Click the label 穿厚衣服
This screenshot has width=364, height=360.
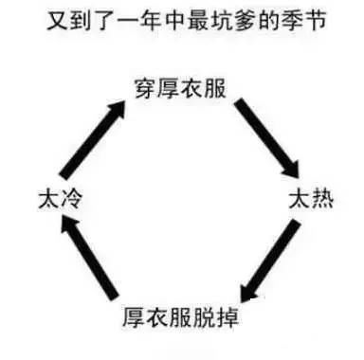click(x=180, y=89)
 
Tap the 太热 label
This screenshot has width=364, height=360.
click(x=311, y=199)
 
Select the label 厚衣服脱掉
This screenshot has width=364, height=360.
click(x=181, y=316)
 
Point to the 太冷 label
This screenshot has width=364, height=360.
click(x=60, y=199)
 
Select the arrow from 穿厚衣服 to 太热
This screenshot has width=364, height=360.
click(x=266, y=138)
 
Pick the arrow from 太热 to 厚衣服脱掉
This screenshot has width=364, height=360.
click(x=270, y=261)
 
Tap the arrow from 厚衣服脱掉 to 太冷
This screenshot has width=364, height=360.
click(x=89, y=257)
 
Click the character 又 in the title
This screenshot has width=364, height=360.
click(x=58, y=21)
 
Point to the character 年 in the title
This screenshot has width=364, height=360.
click(x=152, y=21)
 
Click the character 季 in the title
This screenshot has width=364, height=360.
click(x=292, y=21)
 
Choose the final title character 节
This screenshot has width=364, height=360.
click(x=315, y=21)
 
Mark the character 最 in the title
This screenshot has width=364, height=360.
click(x=198, y=21)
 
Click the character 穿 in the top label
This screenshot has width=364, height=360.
click(x=146, y=89)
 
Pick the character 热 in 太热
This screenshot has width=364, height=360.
click(x=322, y=199)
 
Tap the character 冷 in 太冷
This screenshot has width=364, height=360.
click(x=71, y=199)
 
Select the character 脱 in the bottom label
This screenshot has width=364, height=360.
click(x=204, y=316)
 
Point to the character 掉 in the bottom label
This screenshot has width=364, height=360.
click(x=227, y=316)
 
